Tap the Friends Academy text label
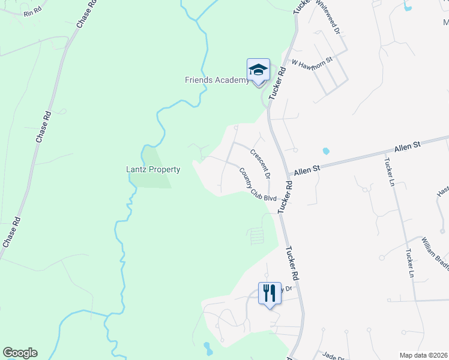coord(217,80)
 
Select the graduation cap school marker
coord(258,70)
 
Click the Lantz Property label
coord(148,170)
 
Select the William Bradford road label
coord(434,252)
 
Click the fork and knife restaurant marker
coord(268,293)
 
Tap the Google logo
coord(20,353)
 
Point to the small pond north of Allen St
coord(326,151)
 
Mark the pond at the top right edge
coord(408,7)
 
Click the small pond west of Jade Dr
coord(208,347)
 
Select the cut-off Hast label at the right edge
coord(442,191)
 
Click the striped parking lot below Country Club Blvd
coord(256,235)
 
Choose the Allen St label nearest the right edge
coord(409,148)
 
